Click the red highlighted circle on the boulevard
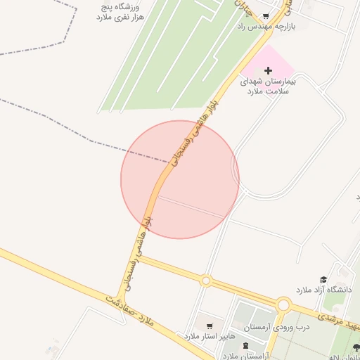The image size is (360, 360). (x=180, y=179)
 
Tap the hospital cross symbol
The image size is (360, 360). (x=268, y=70)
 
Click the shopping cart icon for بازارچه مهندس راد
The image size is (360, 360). (x=266, y=16)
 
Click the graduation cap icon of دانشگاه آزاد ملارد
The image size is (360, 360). (x=323, y=280)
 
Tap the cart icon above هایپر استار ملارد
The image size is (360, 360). (x=210, y=326)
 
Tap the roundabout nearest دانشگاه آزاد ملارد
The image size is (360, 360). (x=283, y=304)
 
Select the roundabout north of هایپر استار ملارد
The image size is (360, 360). (x=205, y=281)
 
